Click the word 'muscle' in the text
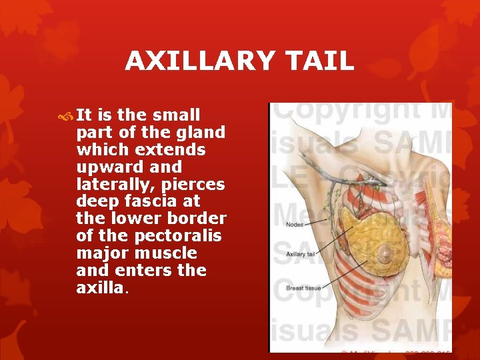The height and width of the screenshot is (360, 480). tap(166, 253)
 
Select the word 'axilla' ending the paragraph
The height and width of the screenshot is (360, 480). tap(99, 288)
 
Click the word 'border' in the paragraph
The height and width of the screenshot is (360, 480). tap(200, 219)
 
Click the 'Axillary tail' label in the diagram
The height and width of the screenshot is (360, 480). tap(301, 254)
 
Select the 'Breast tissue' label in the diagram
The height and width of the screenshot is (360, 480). tap(303, 287)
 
